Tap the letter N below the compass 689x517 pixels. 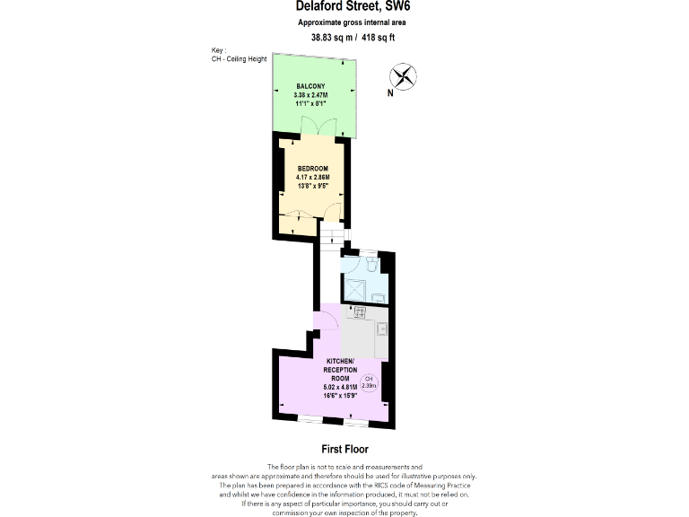(x=389, y=92)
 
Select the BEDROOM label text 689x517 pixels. (x=313, y=169)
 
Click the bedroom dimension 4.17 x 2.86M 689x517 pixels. (x=313, y=177)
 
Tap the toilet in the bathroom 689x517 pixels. (x=375, y=264)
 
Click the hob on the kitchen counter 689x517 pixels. (x=360, y=311)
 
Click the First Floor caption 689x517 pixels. (x=344, y=449)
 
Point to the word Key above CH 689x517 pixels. (x=217, y=50)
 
